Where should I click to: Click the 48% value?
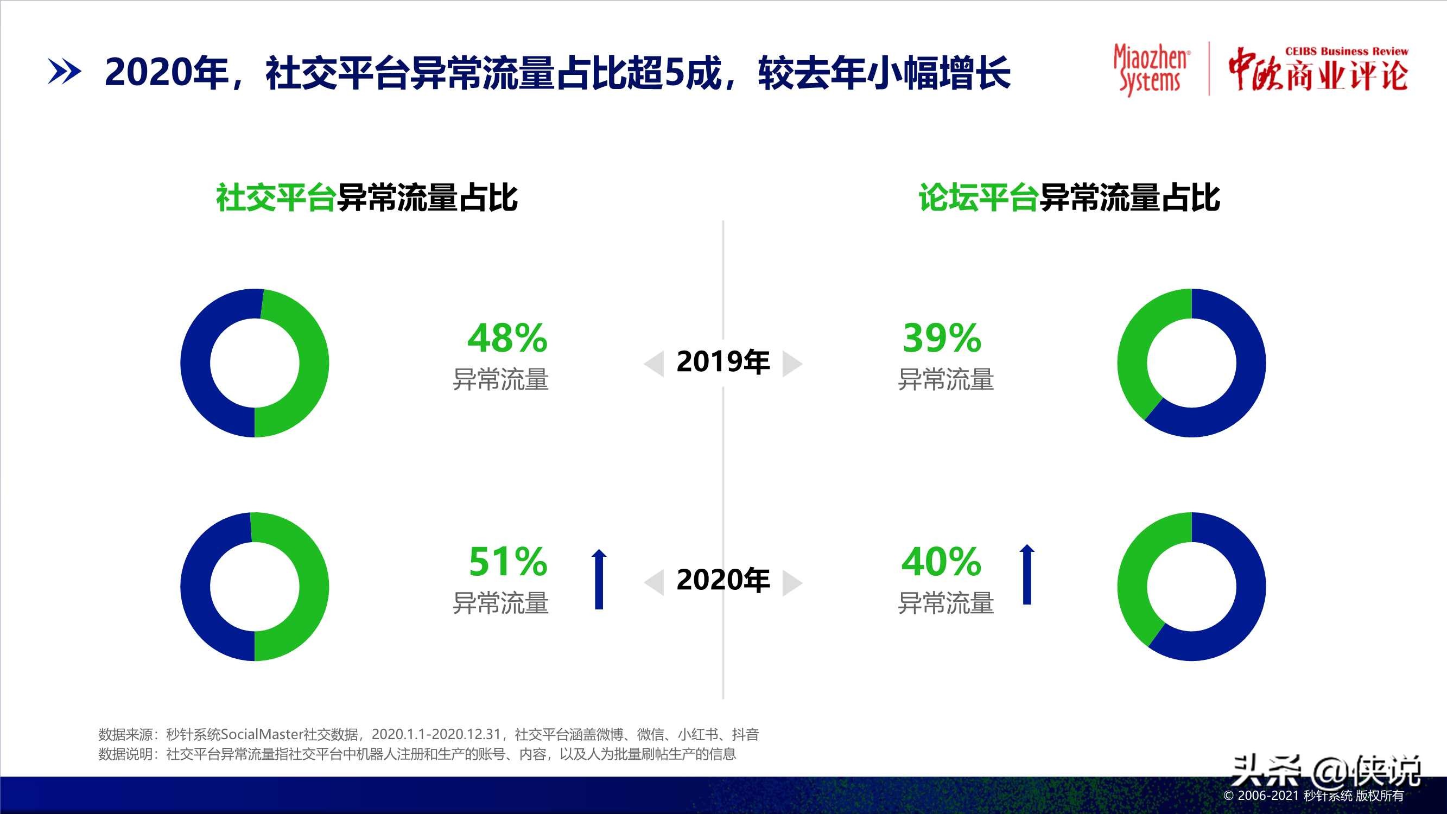507,338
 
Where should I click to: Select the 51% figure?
508,562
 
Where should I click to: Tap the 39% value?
942,338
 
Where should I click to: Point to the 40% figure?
942,562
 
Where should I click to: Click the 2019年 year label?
723,362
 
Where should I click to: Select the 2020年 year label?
723,580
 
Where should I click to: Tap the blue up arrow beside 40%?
1027,574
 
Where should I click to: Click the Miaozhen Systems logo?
1151,69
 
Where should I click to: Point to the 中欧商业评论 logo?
1318,70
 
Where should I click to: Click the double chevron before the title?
64,72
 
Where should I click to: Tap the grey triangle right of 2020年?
791,582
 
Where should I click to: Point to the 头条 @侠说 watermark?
1325,771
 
